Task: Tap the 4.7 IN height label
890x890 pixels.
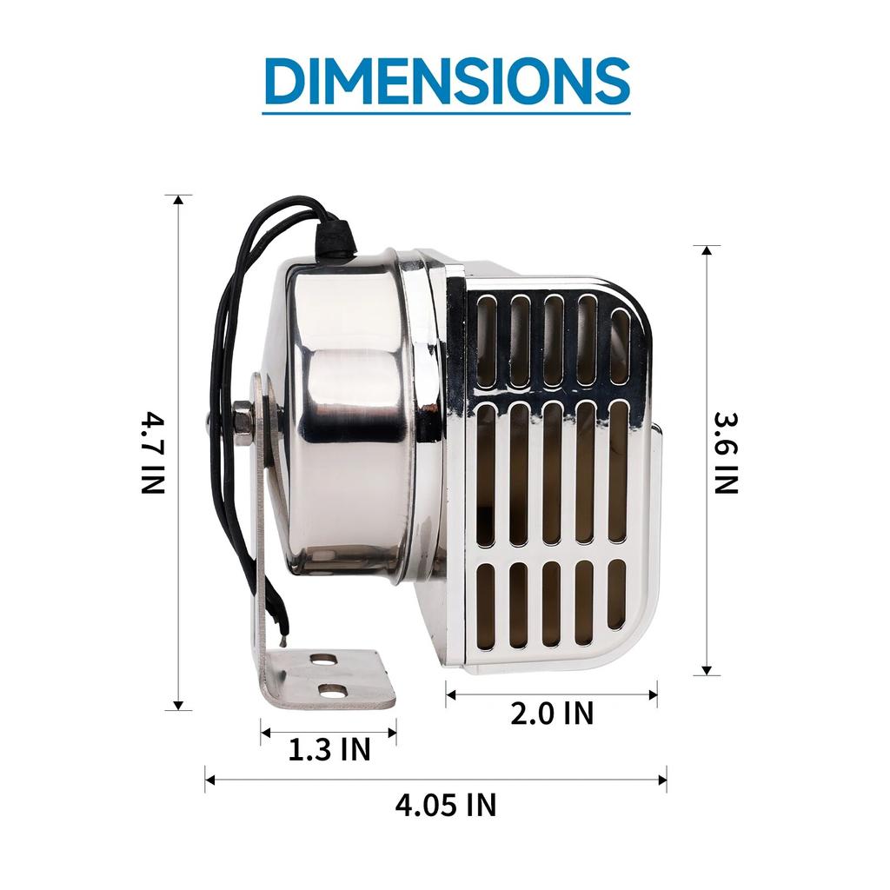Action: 152,453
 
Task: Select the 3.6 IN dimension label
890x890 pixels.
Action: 726,453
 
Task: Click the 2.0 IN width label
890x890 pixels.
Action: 552,714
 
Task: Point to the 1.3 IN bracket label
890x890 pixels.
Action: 329,749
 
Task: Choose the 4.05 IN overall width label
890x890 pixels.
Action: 446,805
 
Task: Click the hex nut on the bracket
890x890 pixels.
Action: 242,423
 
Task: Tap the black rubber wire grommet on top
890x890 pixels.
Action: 336,237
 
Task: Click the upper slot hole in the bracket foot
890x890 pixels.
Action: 325,660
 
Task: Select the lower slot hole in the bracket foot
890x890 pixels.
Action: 333,691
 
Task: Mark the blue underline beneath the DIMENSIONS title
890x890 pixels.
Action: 446,112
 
